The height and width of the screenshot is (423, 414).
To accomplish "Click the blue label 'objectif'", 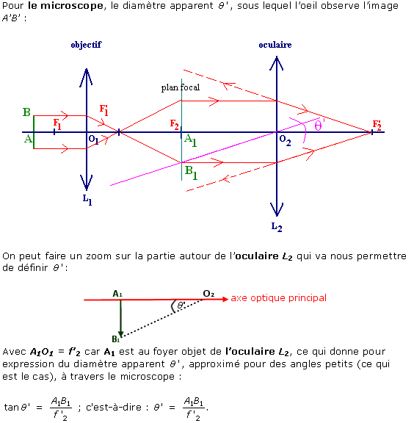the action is (x=86, y=45).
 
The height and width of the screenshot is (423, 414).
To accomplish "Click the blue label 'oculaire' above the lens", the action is (x=275, y=45).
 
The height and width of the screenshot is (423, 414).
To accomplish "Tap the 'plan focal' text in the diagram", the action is (x=181, y=87).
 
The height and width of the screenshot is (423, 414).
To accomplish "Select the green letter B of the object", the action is (x=26, y=112).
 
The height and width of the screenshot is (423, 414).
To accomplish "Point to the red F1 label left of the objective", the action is (x=57, y=124).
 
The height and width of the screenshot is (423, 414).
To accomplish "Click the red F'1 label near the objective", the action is (x=103, y=110).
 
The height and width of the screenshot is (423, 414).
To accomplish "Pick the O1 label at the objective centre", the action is (x=93, y=140).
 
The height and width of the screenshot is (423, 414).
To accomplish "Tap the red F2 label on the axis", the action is (x=174, y=125).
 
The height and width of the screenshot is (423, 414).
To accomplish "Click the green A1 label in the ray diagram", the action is (x=190, y=140).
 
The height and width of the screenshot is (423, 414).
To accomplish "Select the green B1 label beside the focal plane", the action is (x=192, y=173).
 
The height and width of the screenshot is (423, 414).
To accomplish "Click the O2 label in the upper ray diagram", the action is (x=285, y=140).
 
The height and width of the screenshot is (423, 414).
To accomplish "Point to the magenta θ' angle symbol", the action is (x=319, y=126).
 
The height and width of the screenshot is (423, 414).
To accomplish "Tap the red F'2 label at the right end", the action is (x=377, y=125).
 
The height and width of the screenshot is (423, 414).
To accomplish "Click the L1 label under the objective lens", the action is (x=87, y=200).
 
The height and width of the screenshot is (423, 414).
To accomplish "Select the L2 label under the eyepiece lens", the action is (x=277, y=227).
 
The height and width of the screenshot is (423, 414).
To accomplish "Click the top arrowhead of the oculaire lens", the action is (x=277, y=57).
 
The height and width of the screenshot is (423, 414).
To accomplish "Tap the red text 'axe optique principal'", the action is (x=279, y=298).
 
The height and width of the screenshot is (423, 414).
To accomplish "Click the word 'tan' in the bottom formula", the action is (x=11, y=407).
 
